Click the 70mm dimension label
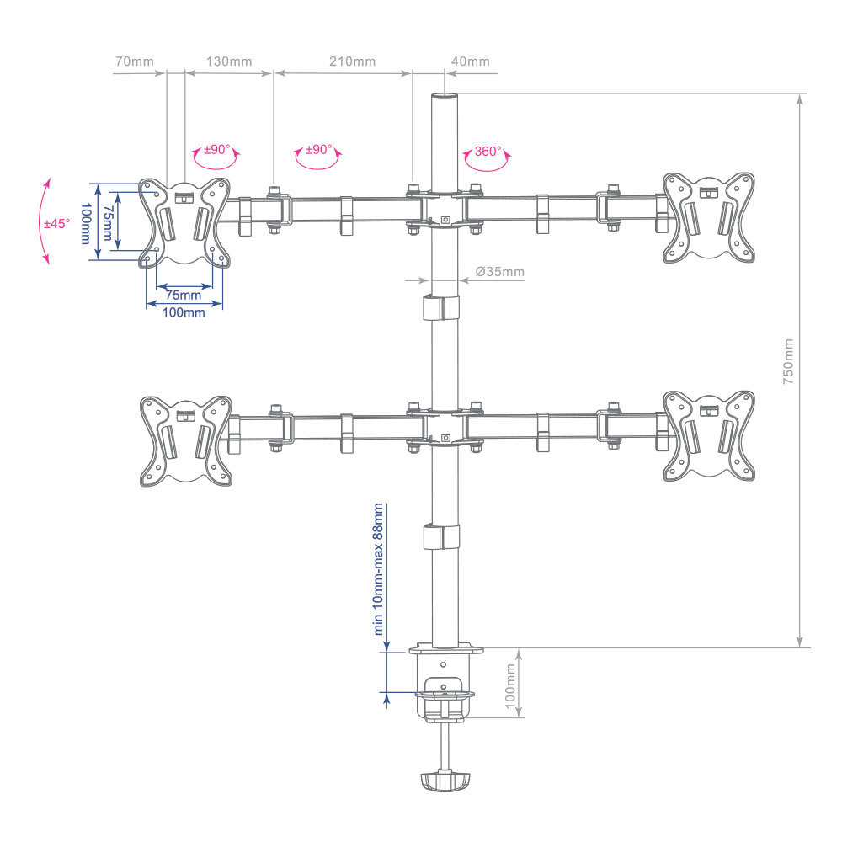[x=134, y=61]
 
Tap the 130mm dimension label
[x=229, y=61]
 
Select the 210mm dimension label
[x=352, y=61]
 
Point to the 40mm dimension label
[x=471, y=61]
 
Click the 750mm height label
[x=788, y=361]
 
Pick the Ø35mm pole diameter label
[x=499, y=272]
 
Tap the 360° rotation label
[x=488, y=151]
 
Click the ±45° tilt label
[x=57, y=223]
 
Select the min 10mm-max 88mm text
[x=379, y=569]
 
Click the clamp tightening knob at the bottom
[x=445, y=781]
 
